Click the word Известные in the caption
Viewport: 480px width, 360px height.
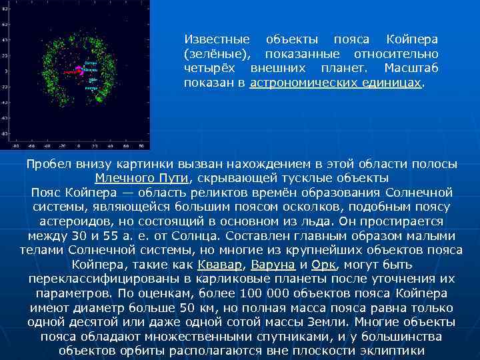pyautogui.click(x=217, y=39)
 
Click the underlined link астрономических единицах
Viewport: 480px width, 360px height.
pyautogui.click(x=336, y=83)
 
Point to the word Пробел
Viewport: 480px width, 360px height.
pyautogui.click(x=49, y=164)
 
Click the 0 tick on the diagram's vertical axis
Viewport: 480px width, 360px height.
pyautogui.click(x=5, y=71)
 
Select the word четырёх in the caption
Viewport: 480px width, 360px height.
pyautogui.click(x=213, y=68)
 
